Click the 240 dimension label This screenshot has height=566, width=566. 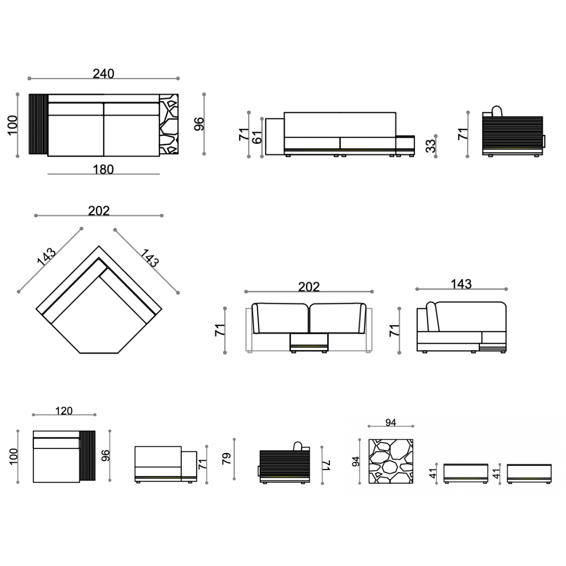click(x=103, y=74)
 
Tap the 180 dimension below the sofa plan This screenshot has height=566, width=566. click(x=103, y=169)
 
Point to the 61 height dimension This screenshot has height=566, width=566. click(x=258, y=137)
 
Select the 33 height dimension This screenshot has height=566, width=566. click(x=431, y=146)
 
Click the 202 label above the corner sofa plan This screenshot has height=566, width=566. click(x=99, y=211)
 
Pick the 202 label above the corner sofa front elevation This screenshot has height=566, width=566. click(x=308, y=287)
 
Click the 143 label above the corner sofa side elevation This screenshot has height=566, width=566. click(x=461, y=284)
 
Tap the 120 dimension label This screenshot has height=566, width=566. click(x=64, y=411)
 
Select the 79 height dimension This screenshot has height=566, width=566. click(x=227, y=459)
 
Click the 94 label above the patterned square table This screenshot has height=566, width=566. click(x=391, y=422)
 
